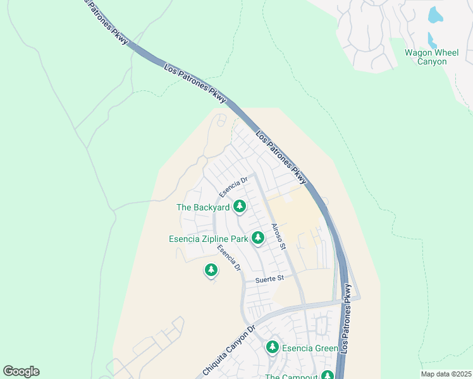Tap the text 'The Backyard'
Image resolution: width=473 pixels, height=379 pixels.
tap(202, 207)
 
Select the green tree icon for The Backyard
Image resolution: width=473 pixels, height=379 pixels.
tap(239, 206)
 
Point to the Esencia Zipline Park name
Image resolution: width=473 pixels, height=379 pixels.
tap(208, 239)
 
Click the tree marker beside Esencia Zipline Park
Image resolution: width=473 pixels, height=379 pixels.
tap(257, 238)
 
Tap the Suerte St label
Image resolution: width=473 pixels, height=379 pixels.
tap(270, 279)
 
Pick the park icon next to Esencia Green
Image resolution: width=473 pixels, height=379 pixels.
tap(273, 347)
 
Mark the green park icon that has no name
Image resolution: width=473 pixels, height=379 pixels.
tap(211, 270)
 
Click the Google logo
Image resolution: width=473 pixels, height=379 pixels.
tap(21, 371)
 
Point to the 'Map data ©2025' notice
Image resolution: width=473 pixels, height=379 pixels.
tap(445, 374)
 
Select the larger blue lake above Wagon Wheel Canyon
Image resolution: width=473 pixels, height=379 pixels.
tap(436, 15)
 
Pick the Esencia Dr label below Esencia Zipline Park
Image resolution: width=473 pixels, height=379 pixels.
tap(229, 258)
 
